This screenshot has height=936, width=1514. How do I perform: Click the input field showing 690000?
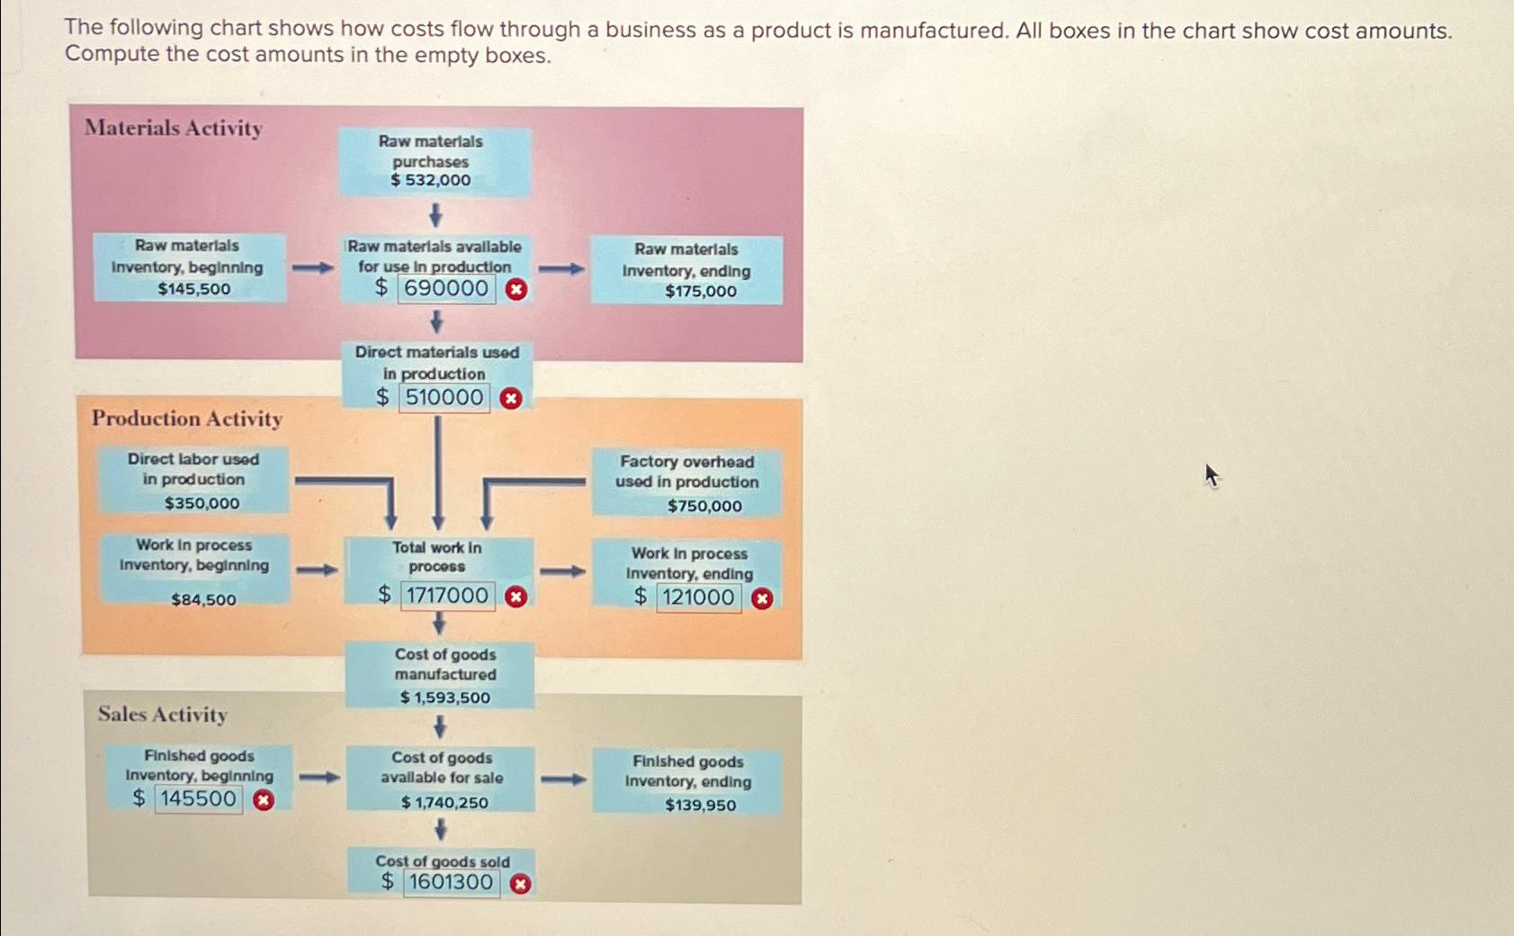point(446,289)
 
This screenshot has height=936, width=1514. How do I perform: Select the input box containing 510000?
point(444,398)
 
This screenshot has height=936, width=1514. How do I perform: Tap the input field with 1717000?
point(447,596)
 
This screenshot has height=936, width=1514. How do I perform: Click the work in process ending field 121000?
point(698,598)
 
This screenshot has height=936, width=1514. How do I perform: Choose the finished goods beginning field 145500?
point(198,799)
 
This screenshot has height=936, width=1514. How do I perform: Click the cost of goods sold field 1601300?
point(451,883)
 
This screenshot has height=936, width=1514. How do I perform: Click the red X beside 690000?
point(516,290)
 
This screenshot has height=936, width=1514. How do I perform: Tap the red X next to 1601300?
point(520,884)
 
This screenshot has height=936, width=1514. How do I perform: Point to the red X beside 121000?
point(762,598)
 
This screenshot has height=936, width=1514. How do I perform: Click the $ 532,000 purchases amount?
point(431,180)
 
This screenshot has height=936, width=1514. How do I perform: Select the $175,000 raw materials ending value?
point(701,292)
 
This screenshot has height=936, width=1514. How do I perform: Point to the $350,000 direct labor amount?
point(202,503)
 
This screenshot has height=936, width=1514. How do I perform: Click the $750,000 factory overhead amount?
point(704,506)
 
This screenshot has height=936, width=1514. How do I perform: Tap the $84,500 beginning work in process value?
point(203,599)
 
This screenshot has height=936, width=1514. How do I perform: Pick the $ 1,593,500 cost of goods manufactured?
point(445,697)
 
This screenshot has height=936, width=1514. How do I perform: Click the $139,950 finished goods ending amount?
point(700,805)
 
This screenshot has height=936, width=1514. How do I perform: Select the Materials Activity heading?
point(174,128)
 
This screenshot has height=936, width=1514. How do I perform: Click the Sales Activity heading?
point(163,715)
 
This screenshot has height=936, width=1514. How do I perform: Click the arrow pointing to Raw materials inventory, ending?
point(562,268)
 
